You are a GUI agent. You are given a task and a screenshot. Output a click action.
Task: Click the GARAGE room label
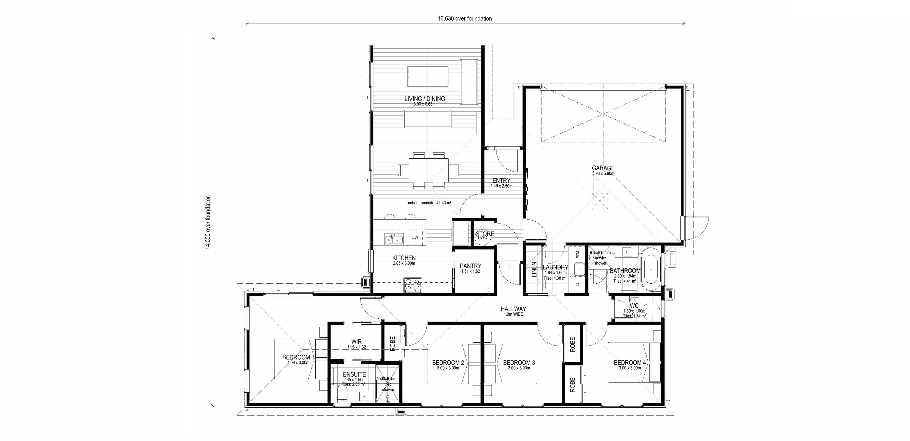click(603, 168)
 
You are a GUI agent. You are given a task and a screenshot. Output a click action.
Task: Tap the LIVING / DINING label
click(425, 99)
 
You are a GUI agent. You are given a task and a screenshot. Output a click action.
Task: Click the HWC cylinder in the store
click(483, 237)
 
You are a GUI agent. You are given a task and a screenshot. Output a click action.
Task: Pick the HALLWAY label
click(513, 309)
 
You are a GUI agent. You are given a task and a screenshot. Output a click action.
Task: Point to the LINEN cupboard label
click(534, 269)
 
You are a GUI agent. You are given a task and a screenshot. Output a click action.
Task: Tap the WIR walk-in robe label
click(356, 342)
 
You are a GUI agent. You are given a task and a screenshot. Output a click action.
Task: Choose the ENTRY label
click(501, 180)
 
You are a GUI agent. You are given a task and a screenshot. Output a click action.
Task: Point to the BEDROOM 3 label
click(519, 363)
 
